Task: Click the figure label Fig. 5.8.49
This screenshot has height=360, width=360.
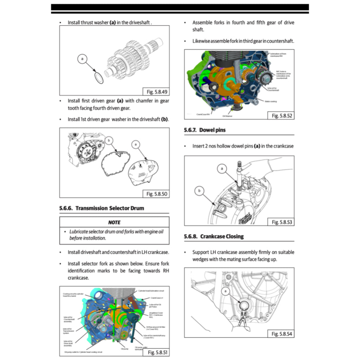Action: pyautogui.click(x=157, y=92)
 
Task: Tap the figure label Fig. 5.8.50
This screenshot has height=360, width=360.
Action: pyautogui.click(x=157, y=194)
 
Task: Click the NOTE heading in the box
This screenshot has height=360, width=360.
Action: pyautogui.click(x=114, y=222)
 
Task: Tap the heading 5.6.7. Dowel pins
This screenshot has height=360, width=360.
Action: pyautogui.click(x=205, y=130)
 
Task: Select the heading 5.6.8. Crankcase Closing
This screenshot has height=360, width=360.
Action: pyautogui.click(x=214, y=236)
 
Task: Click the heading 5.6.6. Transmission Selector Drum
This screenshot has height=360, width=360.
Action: pyautogui.click(x=102, y=208)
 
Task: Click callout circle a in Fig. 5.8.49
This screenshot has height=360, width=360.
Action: pyautogui.click(x=82, y=59)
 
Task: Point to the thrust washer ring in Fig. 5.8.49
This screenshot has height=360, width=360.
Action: pyautogui.click(x=99, y=78)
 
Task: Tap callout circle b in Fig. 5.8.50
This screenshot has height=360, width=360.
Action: pyautogui.click(x=110, y=141)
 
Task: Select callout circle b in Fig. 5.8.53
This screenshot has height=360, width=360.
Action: pyautogui.click(x=200, y=191)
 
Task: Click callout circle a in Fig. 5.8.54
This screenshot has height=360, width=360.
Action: pyautogui.click(x=225, y=291)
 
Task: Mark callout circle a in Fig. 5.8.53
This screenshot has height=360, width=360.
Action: pyautogui.click(x=222, y=169)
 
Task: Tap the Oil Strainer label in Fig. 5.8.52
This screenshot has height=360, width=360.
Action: pyautogui.click(x=227, y=115)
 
